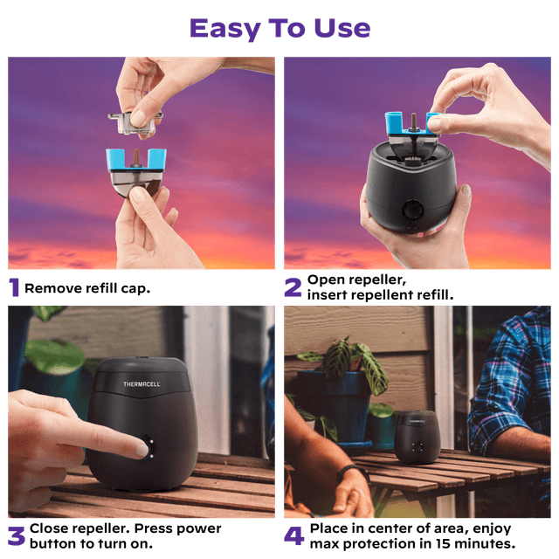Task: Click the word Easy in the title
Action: tap(225, 29)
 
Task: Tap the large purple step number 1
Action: tap(14, 287)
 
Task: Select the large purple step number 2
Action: tap(293, 287)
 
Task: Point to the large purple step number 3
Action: tap(17, 536)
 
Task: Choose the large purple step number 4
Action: tap(294, 535)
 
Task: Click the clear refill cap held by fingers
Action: tap(135, 123)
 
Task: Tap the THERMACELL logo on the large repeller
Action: tap(141, 384)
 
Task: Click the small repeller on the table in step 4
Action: tap(418, 437)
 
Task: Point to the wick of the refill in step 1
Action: tap(136, 158)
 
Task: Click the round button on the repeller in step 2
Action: tap(412, 210)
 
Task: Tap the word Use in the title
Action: tap(342, 29)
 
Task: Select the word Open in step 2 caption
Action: tap(322, 280)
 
